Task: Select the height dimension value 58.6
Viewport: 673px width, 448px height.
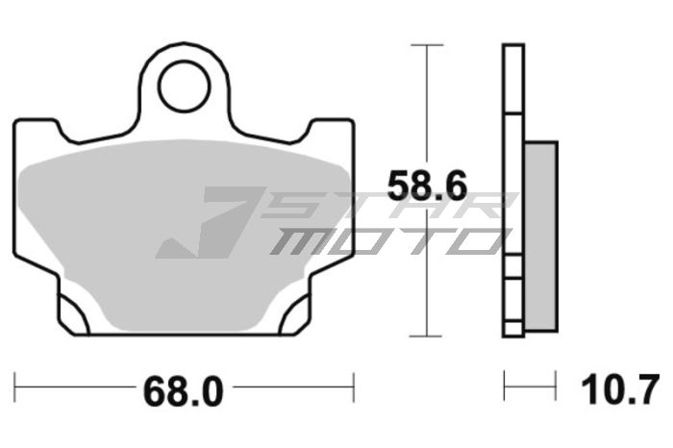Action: [x=419, y=185]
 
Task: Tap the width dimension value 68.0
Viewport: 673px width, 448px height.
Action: [x=183, y=391]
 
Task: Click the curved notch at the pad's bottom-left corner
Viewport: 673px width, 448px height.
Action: [x=73, y=313]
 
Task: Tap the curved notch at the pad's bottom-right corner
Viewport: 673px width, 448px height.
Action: [x=294, y=313]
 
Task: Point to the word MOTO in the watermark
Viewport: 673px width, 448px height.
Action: [x=385, y=240]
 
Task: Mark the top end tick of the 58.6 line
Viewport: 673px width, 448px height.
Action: [x=427, y=44]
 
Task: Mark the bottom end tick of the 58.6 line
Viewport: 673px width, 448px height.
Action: [x=427, y=336]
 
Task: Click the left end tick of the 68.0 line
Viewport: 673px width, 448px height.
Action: [x=15, y=389]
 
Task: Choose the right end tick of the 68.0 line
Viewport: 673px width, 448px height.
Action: [x=355, y=389]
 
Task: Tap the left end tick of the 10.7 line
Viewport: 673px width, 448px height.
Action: [x=504, y=389]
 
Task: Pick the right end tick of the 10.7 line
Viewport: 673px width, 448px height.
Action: [x=556, y=389]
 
